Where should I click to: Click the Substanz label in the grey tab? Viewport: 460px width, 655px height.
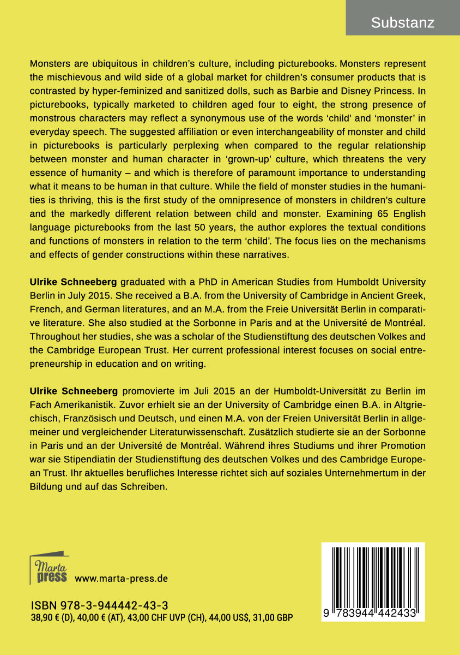[402, 23]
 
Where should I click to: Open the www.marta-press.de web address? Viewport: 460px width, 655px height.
[121, 578]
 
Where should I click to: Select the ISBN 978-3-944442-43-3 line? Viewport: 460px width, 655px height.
[99, 605]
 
